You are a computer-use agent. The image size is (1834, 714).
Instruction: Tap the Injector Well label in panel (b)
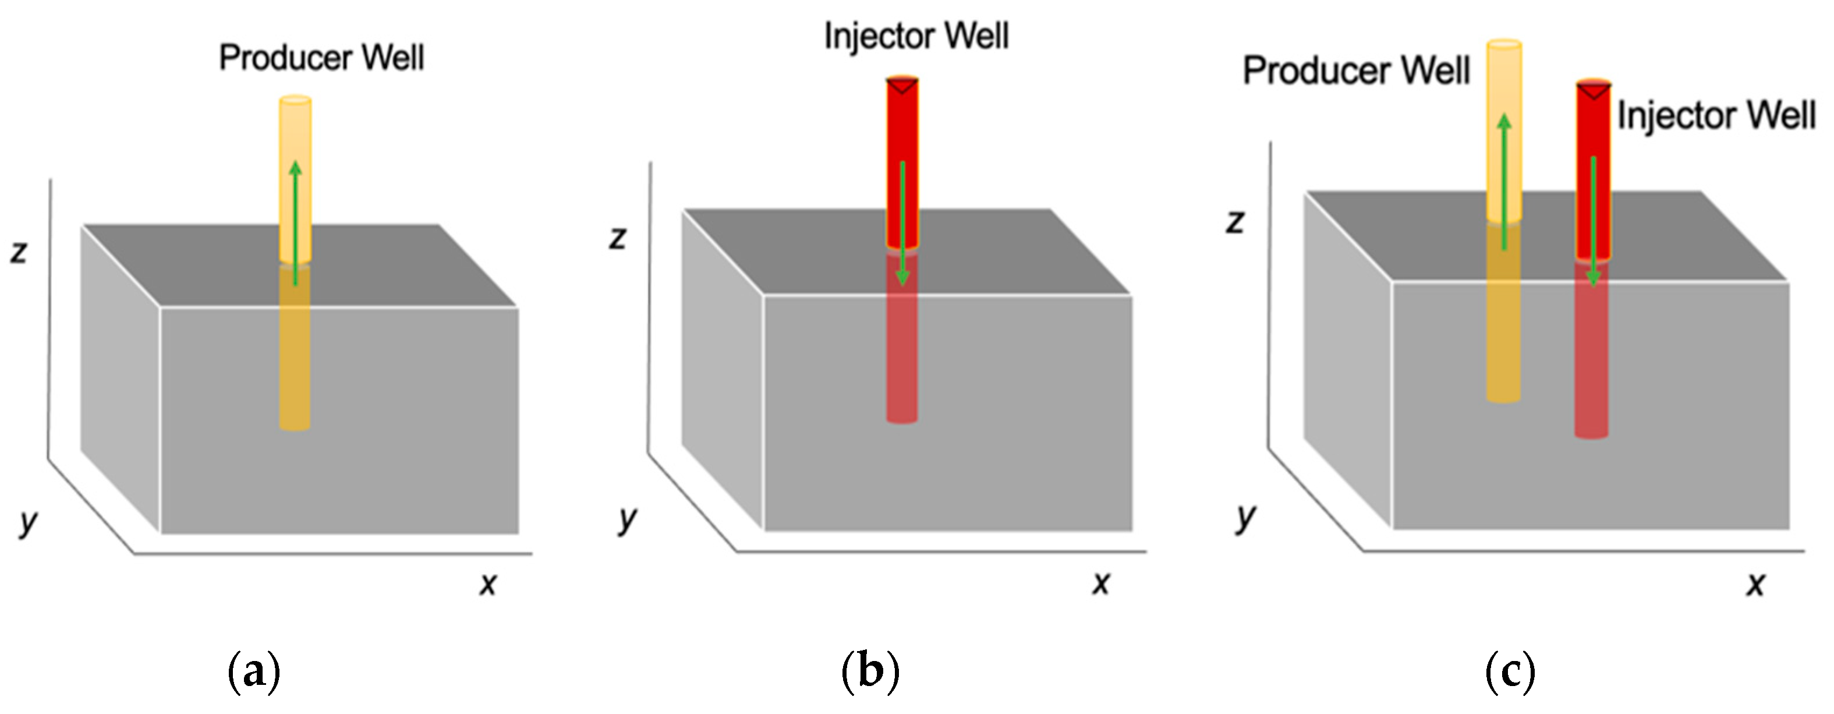click(916, 36)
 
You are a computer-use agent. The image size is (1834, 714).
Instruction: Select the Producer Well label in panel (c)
click(1355, 70)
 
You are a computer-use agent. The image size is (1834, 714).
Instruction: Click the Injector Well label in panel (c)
click(1716, 115)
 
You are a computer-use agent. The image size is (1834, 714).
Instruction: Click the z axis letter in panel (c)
click(1235, 221)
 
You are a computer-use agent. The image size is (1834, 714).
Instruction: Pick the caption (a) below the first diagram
click(253, 670)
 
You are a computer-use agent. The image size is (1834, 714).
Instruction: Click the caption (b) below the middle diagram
click(870, 670)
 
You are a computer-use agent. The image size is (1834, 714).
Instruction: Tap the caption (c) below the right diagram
click(1509, 670)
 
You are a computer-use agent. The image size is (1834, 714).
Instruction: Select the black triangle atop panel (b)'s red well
click(902, 86)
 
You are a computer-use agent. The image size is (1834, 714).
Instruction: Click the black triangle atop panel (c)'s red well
click(1594, 91)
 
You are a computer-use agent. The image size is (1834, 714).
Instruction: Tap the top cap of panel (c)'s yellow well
click(1504, 44)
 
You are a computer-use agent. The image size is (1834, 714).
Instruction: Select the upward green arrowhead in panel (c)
click(1504, 121)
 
